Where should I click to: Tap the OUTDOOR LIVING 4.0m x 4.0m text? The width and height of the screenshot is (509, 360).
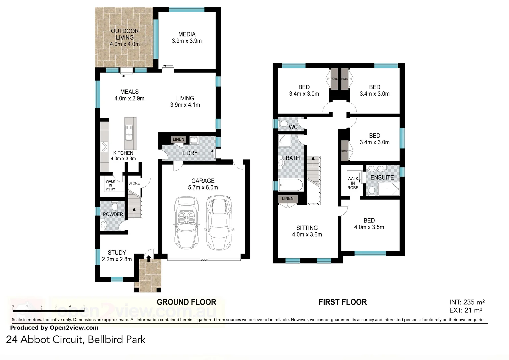[x=125, y=37]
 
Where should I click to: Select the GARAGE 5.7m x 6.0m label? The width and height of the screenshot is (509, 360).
[x=203, y=184]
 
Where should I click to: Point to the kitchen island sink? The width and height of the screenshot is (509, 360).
[x=129, y=133]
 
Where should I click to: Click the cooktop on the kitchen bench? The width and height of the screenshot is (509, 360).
[x=104, y=147]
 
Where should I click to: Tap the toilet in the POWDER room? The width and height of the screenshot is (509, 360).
[x=115, y=206]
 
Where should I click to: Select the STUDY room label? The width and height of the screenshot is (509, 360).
[x=117, y=256]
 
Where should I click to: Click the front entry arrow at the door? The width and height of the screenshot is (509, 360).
[x=148, y=258]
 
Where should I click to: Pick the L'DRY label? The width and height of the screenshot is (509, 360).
[x=190, y=153]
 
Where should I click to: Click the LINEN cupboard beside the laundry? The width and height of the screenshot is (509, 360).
[x=178, y=139]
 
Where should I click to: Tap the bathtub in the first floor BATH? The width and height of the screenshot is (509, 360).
[x=291, y=185]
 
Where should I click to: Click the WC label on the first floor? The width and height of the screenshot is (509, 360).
[x=293, y=127]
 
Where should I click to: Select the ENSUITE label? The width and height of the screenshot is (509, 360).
[x=382, y=178]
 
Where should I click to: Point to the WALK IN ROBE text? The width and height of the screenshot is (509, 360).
[x=353, y=183]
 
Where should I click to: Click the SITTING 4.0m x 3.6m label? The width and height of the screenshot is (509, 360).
[x=307, y=231]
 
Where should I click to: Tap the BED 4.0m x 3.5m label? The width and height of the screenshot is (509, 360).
[x=369, y=224]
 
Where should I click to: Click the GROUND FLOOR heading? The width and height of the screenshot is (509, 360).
[x=186, y=302]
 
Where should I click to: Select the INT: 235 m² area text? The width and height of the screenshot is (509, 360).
[x=467, y=302]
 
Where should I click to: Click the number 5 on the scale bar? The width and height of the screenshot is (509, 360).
[x=84, y=306]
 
